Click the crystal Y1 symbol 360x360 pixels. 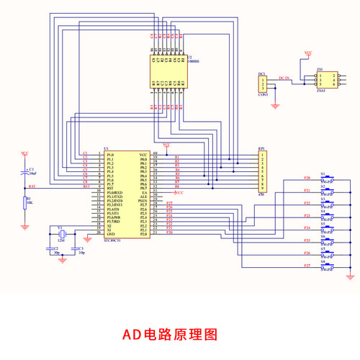61,235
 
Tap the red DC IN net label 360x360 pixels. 283,77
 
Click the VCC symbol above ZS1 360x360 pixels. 308,53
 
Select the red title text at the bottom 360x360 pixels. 169,334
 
